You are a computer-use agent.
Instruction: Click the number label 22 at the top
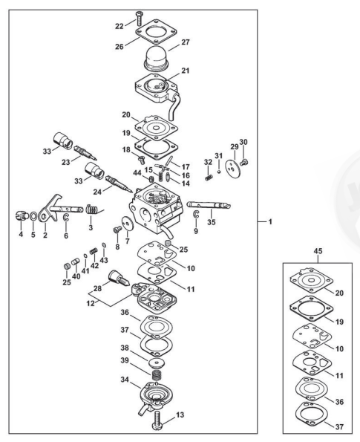point(120,26)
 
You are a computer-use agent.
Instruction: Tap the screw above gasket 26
point(139,19)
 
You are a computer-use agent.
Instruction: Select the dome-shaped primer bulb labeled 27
point(156,60)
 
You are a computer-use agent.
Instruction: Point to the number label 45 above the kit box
point(318,251)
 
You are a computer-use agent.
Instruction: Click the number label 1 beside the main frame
point(270,222)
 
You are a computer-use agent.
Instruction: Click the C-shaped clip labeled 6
point(66,218)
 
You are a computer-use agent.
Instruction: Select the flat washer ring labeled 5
point(33,216)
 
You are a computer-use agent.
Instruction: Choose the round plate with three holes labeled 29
point(233,169)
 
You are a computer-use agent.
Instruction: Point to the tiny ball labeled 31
point(219,171)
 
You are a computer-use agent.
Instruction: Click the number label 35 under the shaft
point(212,222)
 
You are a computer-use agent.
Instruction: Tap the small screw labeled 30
point(244,162)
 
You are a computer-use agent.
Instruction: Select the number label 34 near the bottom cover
point(125,380)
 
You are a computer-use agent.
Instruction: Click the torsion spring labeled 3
point(92,209)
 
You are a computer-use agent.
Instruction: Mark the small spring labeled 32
point(208,178)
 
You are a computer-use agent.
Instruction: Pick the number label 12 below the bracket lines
point(91,305)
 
